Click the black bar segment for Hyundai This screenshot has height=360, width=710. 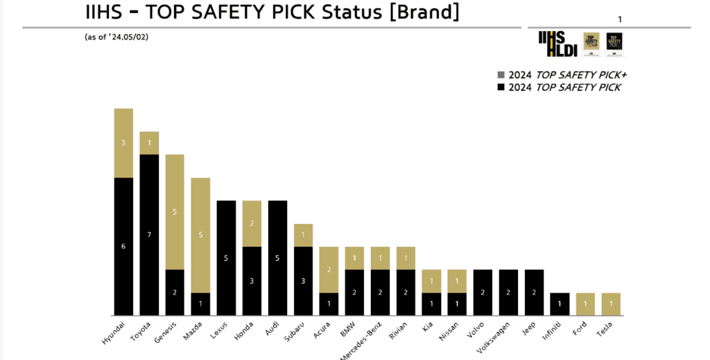pos(123,246)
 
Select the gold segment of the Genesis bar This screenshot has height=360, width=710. pos(175,212)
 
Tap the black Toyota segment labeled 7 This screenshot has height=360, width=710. pos(149,234)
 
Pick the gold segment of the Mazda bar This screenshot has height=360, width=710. pos(200,235)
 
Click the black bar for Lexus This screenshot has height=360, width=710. pos(226,258)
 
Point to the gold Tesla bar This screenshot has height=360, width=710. pos(610,304)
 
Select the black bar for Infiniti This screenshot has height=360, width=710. pos(560,304)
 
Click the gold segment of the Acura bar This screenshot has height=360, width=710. pos(329,269)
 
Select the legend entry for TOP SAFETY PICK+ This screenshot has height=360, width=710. pos(562,75)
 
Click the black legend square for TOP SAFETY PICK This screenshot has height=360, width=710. pos(501,87)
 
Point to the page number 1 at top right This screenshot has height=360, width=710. pos(620,19)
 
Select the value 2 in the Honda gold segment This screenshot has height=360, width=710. pos(252,223)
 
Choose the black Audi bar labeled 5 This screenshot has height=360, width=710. pos(277,258)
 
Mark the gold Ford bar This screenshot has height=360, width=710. pos(585,304)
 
